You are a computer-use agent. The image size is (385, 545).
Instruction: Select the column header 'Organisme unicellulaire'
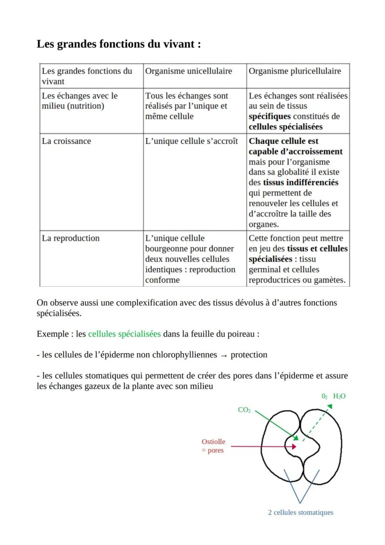(x=188, y=71)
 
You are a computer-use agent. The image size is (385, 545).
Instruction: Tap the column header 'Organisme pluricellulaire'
(x=295, y=71)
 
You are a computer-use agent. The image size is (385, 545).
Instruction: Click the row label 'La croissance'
(x=66, y=141)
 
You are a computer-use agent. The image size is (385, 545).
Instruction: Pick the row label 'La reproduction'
(x=71, y=238)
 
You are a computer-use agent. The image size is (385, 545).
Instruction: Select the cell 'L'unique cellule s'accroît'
(x=191, y=141)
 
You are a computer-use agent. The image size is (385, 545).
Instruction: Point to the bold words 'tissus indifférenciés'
(x=300, y=182)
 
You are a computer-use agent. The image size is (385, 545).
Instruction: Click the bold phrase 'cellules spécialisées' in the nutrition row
(x=285, y=127)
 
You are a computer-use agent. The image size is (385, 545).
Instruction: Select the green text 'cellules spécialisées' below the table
(x=124, y=334)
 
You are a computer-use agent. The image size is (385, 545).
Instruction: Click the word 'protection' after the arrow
(x=249, y=355)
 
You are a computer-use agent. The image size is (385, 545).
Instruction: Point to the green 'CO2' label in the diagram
(x=244, y=410)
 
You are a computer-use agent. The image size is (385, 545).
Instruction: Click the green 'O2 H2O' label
(x=333, y=396)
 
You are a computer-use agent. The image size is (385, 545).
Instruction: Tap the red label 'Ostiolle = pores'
(x=213, y=446)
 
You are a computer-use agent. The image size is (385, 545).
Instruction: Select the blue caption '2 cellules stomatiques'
(x=300, y=512)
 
